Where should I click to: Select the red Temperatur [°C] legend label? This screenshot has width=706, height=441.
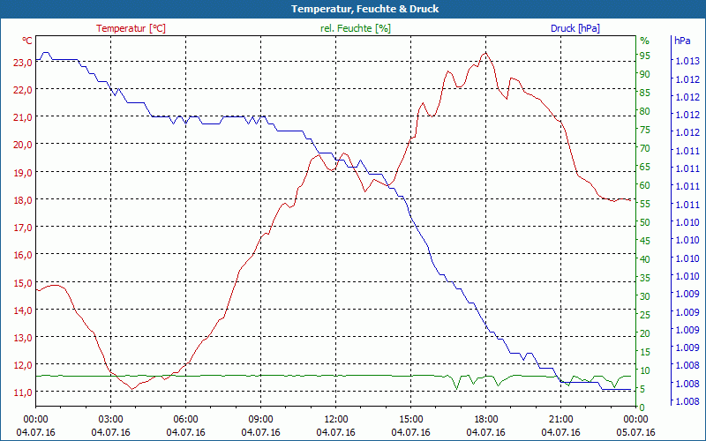pos(131,28)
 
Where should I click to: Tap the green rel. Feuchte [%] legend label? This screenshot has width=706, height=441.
pos(356,28)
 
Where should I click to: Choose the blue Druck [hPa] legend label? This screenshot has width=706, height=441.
pos(575,28)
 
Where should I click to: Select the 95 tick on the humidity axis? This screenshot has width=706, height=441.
pos(645,56)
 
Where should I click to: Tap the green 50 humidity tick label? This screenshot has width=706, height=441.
pos(645,222)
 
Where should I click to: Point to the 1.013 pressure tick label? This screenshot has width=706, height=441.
pos(687,61)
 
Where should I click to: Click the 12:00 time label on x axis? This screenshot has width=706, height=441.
pos(336,420)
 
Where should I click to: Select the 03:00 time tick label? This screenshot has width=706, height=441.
pos(111,420)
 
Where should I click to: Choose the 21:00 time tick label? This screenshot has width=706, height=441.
pos(561,420)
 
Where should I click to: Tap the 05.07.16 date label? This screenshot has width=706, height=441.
pos(636,432)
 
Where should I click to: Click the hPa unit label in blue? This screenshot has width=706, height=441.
pos(682,41)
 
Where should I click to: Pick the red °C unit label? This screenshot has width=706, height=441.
pos(27,41)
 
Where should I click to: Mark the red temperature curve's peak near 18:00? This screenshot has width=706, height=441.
pos(484,53)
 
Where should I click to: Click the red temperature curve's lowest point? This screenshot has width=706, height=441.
pos(131,389)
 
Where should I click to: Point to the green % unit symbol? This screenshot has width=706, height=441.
pos(644,41)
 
